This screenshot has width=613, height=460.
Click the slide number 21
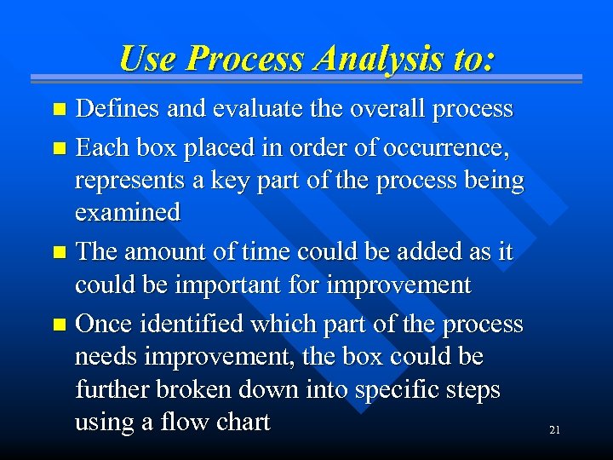tap(554, 430)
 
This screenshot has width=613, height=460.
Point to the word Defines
tap(117, 109)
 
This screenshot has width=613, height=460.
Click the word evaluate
tap(244, 109)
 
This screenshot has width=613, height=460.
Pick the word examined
tap(128, 212)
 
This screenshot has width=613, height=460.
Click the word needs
tap(104, 357)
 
